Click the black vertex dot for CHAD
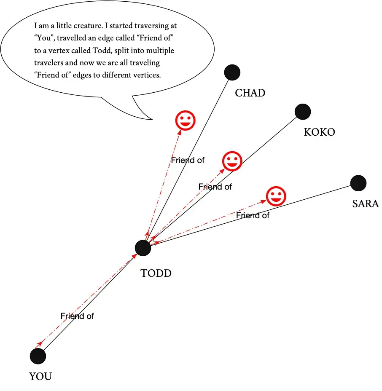pyautogui.click(x=232, y=72)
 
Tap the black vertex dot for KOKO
pyautogui.click(x=303, y=112)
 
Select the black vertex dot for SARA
pyautogui.click(x=358, y=183)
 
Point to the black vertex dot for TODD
pyautogui.click(x=143, y=248)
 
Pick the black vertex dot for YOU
pyautogui.click(x=38, y=356)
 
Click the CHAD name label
pyautogui.click(x=250, y=93)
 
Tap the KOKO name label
pyautogui.click(x=319, y=132)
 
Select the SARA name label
pyautogui.click(x=365, y=204)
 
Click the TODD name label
pyautogui.click(x=156, y=273)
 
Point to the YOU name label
pyautogui.click(x=40, y=376)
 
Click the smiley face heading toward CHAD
pyautogui.click(x=185, y=121)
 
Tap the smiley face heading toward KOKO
pyautogui.click(x=231, y=161)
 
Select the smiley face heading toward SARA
pyautogui.click(x=276, y=196)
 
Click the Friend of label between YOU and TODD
pyautogui.click(x=77, y=316)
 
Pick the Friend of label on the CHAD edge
pyautogui.click(x=188, y=160)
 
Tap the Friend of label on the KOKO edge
pyautogui.click(x=215, y=187)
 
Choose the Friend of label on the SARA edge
pyautogui.click(x=253, y=215)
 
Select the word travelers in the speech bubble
pyautogui.click(x=48, y=64)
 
